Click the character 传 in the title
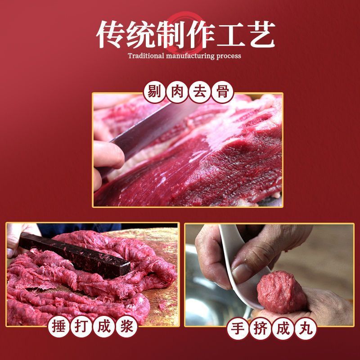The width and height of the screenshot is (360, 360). pyautogui.click(x=110, y=35)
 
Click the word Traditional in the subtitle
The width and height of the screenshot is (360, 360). pyautogui.click(x=146, y=56)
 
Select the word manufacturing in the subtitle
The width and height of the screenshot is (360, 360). pyautogui.click(x=190, y=56)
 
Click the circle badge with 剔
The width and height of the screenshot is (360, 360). pyautogui.click(x=154, y=93)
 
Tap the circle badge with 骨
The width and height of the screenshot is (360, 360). pyautogui.click(x=222, y=93)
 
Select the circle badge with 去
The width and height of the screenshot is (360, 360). pyautogui.click(x=200, y=93)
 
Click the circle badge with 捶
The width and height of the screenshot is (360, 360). pyautogui.click(x=59, y=326)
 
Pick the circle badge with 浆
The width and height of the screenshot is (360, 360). pyautogui.click(x=127, y=326)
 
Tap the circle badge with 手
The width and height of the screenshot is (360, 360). pyautogui.click(x=238, y=328)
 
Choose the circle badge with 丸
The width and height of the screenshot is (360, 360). pyautogui.click(x=306, y=328)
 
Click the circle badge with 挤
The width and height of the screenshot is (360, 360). pyautogui.click(x=261, y=328)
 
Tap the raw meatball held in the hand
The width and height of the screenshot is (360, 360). pyautogui.click(x=282, y=292)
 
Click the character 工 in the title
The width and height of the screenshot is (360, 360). pyautogui.click(x=231, y=35)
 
